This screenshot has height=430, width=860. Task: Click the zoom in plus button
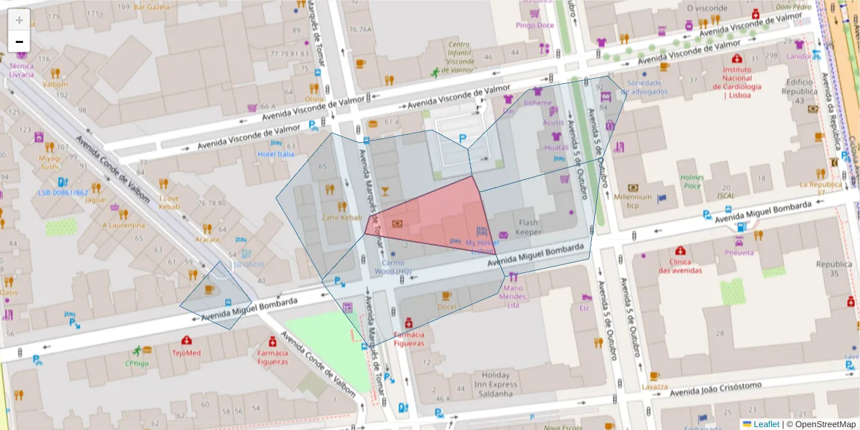(19, 20)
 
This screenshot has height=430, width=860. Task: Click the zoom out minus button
(19, 42)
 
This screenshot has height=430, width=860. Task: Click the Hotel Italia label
(276, 154)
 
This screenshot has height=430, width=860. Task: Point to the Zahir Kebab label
(342, 217)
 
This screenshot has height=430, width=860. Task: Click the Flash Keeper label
(529, 227)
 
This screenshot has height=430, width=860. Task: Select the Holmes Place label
(692, 182)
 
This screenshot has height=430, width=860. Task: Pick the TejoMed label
(186, 353)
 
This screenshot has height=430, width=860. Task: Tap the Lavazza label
(654, 386)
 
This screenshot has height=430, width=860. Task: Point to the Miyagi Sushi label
(50, 162)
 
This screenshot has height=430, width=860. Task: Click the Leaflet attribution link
(766, 424)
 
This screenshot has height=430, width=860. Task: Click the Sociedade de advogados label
(647, 87)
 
